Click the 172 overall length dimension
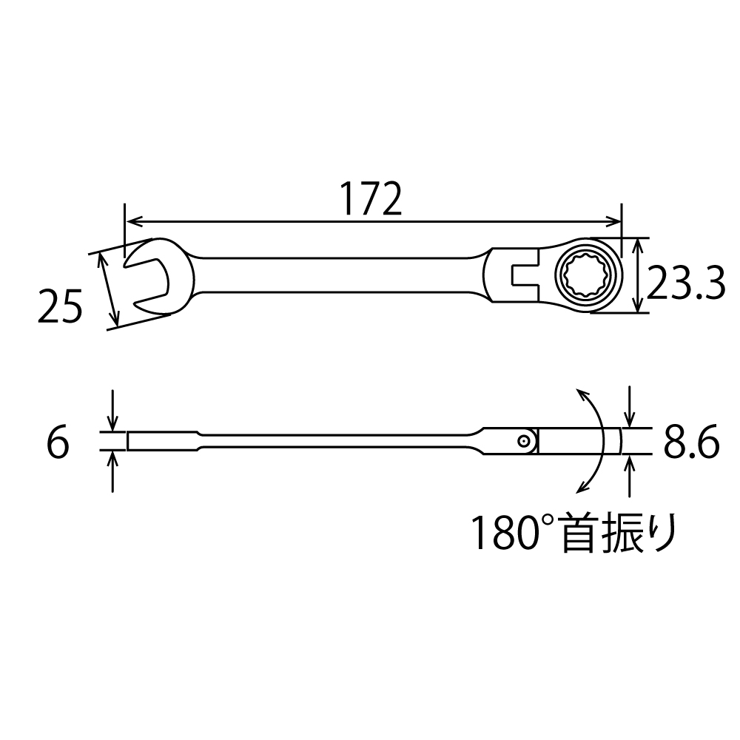371,198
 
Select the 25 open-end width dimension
59,307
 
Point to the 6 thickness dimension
57,444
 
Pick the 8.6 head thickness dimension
691,444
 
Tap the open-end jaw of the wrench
144,280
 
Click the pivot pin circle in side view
524,441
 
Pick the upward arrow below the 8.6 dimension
629,466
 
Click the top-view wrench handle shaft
333,276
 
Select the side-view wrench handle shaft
333,442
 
